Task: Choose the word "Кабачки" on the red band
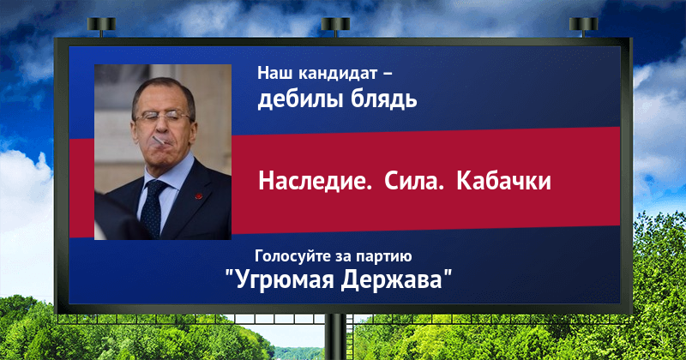(503, 181)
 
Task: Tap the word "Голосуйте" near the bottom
(292, 256)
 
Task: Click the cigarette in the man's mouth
(159, 141)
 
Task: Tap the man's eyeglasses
(163, 117)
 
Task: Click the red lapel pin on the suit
(199, 196)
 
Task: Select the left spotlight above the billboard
(101, 26)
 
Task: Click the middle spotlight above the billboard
(335, 26)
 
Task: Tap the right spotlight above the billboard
(583, 26)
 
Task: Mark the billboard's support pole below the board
(335, 337)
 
